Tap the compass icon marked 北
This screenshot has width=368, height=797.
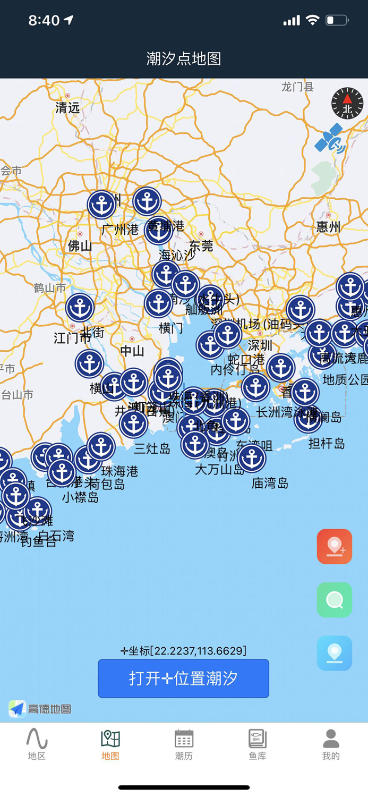point(347,103)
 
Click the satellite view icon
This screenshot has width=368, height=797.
point(330,138)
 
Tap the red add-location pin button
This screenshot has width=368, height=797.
point(335,546)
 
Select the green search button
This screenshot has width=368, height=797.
point(335,600)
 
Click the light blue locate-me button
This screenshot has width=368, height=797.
point(335,653)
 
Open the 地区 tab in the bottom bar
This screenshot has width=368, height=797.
point(37,744)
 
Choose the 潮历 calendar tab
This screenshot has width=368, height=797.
point(184,744)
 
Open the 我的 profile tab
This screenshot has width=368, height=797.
point(331,744)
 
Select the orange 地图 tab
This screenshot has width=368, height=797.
point(110,744)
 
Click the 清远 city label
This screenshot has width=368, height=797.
point(67,107)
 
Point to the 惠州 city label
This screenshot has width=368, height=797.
point(328,227)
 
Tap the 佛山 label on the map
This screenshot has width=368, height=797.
point(80,245)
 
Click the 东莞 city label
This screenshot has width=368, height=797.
point(201,245)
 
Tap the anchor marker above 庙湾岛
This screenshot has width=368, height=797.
point(252,458)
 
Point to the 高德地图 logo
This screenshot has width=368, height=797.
point(40,708)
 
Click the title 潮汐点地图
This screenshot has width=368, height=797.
point(184,58)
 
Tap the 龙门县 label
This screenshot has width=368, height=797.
point(297,87)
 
